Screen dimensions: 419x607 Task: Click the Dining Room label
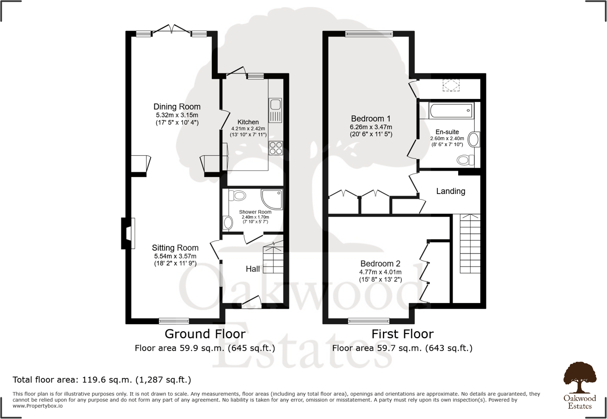[171, 107]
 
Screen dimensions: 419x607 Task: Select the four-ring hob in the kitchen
[276, 147]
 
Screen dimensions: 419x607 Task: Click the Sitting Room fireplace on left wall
[127, 233]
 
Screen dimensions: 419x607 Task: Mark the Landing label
[451, 191]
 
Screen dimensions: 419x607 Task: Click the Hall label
[252, 269]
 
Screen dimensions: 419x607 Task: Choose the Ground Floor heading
[205, 334]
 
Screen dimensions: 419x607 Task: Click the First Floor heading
[402, 334]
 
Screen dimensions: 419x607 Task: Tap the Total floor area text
[102, 380]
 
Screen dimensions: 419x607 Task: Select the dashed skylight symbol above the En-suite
[451, 85]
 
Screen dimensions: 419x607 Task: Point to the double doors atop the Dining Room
[172, 30]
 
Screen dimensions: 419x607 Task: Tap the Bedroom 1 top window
[369, 33]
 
